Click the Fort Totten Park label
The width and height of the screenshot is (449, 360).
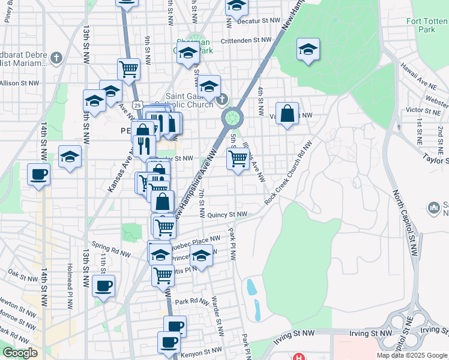427,25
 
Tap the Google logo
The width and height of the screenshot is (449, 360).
20,353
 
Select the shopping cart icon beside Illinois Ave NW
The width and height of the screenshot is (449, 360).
238,158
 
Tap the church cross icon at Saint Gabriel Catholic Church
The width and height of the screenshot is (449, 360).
222,99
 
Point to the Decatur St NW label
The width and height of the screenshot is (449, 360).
259,20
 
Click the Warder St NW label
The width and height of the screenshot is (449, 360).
218,314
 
